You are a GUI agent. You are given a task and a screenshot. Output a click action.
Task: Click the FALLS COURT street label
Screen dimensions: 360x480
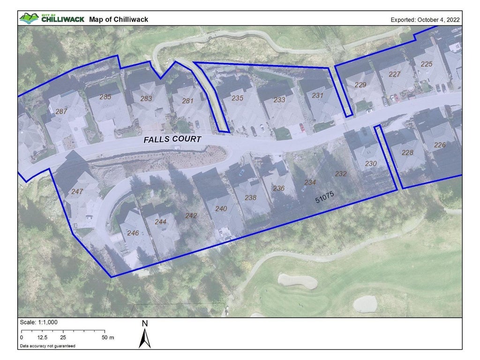(172, 140)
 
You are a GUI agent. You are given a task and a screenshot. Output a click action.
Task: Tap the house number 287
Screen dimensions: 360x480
(61, 112)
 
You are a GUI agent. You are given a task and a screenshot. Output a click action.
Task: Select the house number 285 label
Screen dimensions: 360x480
(105, 97)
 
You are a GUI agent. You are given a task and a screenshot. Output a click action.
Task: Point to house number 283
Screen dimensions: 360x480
(146, 98)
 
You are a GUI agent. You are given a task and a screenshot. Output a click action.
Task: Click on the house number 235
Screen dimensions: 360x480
(238, 98)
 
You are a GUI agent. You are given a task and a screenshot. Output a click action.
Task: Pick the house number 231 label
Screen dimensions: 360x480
(318, 96)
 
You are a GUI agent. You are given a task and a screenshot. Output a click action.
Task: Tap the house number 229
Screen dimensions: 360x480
(360, 85)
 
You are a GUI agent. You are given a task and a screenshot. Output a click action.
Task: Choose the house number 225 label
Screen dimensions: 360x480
(427, 64)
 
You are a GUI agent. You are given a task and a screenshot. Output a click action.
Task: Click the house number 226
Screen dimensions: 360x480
(440, 145)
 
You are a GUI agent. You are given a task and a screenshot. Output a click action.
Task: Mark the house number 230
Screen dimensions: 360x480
(371, 164)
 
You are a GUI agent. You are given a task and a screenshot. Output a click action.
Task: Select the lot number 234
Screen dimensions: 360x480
(310, 182)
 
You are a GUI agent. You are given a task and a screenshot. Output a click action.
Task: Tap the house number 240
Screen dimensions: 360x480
(221, 209)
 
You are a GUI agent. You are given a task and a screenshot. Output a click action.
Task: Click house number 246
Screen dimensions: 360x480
(133, 232)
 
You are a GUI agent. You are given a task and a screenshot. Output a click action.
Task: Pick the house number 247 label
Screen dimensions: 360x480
(77, 192)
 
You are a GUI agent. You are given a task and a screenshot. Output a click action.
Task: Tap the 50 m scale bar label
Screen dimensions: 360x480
(108, 337)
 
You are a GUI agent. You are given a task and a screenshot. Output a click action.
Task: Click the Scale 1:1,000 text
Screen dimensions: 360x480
(39, 322)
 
